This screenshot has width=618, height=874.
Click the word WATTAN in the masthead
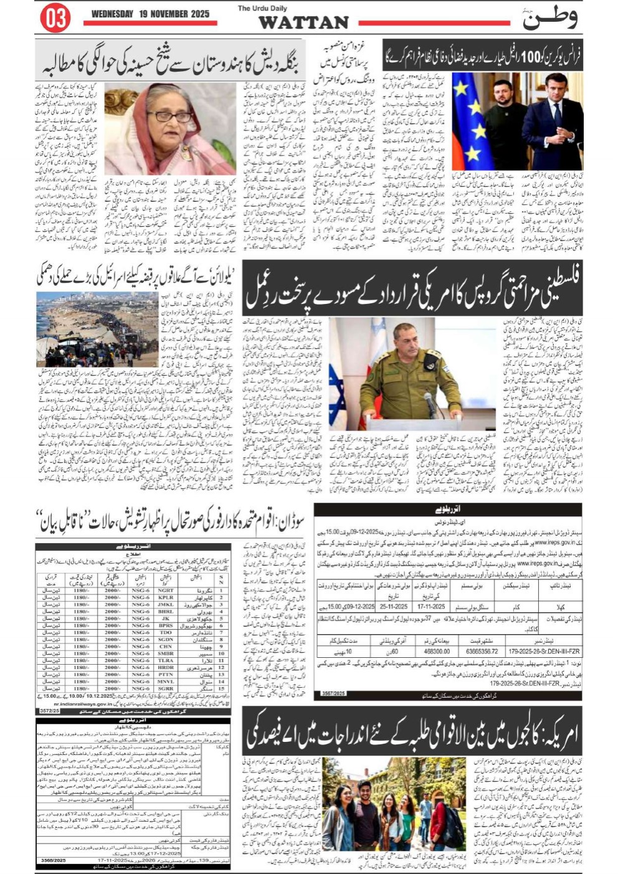point(303,23)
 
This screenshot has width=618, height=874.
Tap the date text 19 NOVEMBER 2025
point(150,14)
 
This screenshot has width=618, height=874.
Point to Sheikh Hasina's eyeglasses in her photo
point(169,116)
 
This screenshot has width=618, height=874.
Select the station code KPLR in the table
point(166,597)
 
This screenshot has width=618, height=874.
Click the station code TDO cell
point(166,632)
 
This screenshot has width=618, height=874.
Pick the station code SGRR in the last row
point(166,688)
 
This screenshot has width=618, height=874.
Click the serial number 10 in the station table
point(221,653)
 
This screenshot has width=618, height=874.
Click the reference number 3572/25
point(49,710)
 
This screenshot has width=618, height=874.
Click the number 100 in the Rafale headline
point(529,57)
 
